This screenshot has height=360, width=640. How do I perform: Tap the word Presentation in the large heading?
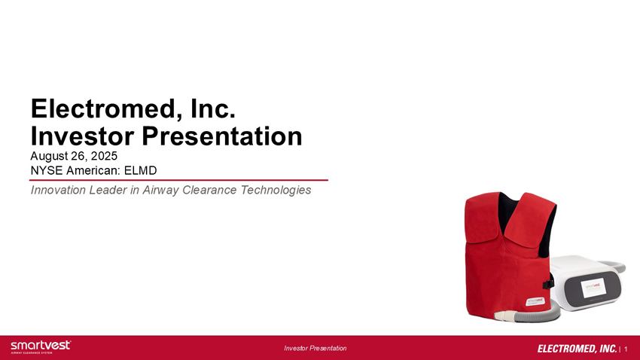point(221,136)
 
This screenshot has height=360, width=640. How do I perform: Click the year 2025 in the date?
point(104,156)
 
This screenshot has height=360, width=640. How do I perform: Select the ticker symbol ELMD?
point(140,171)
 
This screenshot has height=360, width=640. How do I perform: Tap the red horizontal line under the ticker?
point(178,180)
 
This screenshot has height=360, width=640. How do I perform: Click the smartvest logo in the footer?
point(41,347)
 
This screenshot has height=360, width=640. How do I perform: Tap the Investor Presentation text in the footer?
point(315,348)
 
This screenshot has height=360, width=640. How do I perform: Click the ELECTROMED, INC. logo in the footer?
point(577,349)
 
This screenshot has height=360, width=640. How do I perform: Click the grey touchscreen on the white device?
point(593,288)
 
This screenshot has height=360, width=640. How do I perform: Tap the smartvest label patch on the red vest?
point(535,302)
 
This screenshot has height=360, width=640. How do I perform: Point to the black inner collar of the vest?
point(507,211)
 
